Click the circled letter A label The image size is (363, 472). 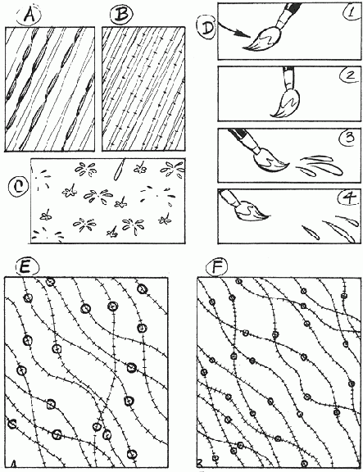tap(29, 16)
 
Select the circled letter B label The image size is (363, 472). tap(120, 16)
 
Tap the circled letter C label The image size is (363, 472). tap(18, 187)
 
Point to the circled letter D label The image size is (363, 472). tap(206, 28)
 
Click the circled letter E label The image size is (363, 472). tap(26, 267)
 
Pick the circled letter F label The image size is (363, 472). tap(217, 266)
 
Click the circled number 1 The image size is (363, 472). tap(350, 12)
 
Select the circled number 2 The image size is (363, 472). tap(350, 75)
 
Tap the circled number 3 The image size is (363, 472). tap(349, 138)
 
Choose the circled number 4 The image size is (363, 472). tap(349, 198)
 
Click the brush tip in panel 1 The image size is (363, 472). tap(244, 48)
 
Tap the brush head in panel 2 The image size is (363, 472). tap(286, 104)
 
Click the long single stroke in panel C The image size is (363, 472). tap(119, 169)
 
